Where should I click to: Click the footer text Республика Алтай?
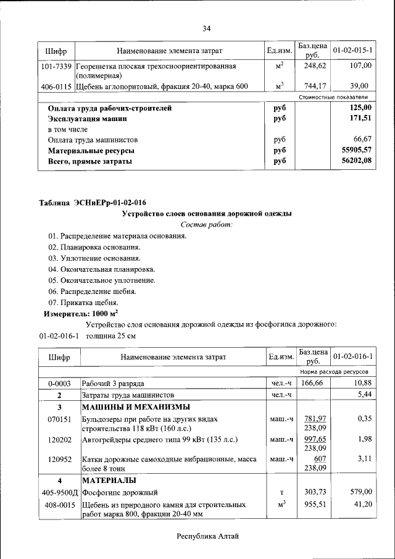(207, 536)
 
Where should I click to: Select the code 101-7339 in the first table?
(57, 65)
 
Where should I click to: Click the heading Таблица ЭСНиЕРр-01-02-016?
(93, 203)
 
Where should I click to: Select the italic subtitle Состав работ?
(206, 224)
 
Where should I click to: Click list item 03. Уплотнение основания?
(94, 258)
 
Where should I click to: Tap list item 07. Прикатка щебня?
(83, 303)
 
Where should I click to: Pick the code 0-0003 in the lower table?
(59, 384)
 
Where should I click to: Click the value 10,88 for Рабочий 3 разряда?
(360, 384)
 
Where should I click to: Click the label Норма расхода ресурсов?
(334, 372)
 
